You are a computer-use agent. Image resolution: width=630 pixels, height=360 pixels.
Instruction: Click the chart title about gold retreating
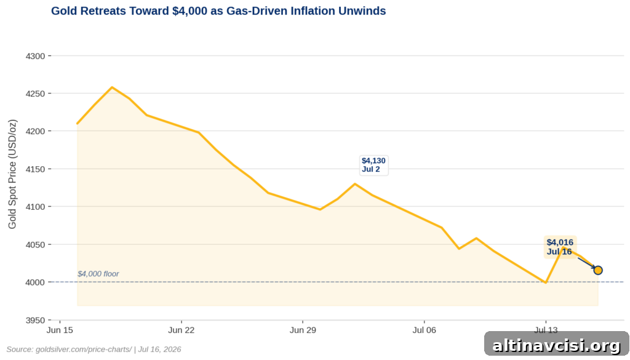[x=218, y=11]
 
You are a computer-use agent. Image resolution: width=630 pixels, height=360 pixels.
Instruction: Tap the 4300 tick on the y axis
[x=35, y=56]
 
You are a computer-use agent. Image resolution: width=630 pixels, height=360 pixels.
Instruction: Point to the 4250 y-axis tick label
[x=35, y=94]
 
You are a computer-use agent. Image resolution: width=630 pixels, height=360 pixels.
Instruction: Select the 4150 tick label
[x=35, y=169]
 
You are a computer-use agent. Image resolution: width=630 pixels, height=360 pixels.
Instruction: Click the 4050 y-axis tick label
[x=35, y=245]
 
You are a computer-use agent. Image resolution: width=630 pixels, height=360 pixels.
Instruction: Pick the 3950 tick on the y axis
[x=35, y=320]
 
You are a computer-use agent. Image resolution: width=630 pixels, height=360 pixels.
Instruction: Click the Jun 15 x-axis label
[x=60, y=330]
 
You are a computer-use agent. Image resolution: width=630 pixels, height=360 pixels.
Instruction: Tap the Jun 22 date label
[x=181, y=330]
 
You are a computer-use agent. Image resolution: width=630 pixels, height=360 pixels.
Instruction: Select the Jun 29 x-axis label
[x=303, y=330]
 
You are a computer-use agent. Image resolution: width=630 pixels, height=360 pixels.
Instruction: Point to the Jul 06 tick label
[x=425, y=330]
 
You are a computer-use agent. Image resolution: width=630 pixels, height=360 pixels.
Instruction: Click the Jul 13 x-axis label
[x=546, y=330]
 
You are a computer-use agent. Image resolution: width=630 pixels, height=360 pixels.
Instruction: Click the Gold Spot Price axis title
[x=12, y=174]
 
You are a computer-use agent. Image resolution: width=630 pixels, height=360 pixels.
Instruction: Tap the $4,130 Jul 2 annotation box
[x=373, y=165]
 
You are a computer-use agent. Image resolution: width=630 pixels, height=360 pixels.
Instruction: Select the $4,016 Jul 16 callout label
[x=560, y=247]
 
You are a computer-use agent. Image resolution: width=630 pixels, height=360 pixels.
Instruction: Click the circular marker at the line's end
[x=598, y=270]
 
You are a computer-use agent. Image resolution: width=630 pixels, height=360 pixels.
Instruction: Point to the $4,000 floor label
[x=98, y=274]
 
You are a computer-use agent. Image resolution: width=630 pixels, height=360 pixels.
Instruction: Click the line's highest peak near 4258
[x=112, y=87]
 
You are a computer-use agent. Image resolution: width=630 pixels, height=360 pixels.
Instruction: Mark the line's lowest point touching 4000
[x=546, y=282]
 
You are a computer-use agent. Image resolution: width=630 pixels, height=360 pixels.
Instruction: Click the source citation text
[x=94, y=350]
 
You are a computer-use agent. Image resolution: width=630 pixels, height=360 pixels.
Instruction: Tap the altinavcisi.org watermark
[x=556, y=345]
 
